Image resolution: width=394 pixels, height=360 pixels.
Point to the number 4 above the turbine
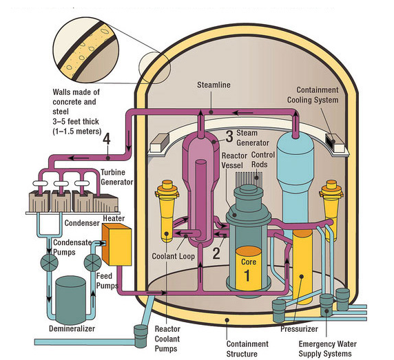(x=106, y=140)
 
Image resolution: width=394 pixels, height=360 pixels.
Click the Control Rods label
(x=262, y=160)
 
